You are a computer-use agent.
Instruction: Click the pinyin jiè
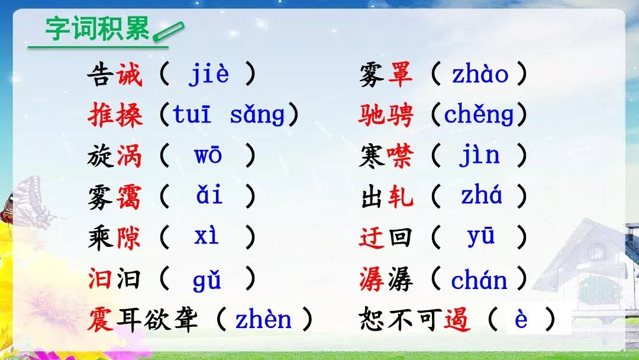tap(208, 75)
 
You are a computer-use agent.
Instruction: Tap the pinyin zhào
tap(480, 74)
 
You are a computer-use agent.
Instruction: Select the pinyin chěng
tap(479, 114)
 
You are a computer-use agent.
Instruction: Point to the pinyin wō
tap(208, 155)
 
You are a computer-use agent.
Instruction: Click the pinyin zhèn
tap(263, 319)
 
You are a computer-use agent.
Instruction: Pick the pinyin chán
tap(479, 279)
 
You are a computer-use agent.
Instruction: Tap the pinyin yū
tap(481, 236)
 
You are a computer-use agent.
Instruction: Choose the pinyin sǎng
tap(257, 114)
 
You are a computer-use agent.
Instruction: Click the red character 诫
tap(129, 74)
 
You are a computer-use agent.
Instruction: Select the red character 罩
tap(400, 74)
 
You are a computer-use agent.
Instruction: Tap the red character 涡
tap(129, 156)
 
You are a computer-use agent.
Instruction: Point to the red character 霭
tap(129, 197)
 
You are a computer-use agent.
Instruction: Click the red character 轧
tap(401, 197)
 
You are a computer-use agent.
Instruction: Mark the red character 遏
tap(457, 319)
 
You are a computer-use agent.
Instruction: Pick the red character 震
tap(100, 319)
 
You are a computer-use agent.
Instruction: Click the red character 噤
tap(400, 156)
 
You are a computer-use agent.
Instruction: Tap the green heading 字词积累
tap(98, 29)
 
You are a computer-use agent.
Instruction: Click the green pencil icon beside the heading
tap(168, 32)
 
